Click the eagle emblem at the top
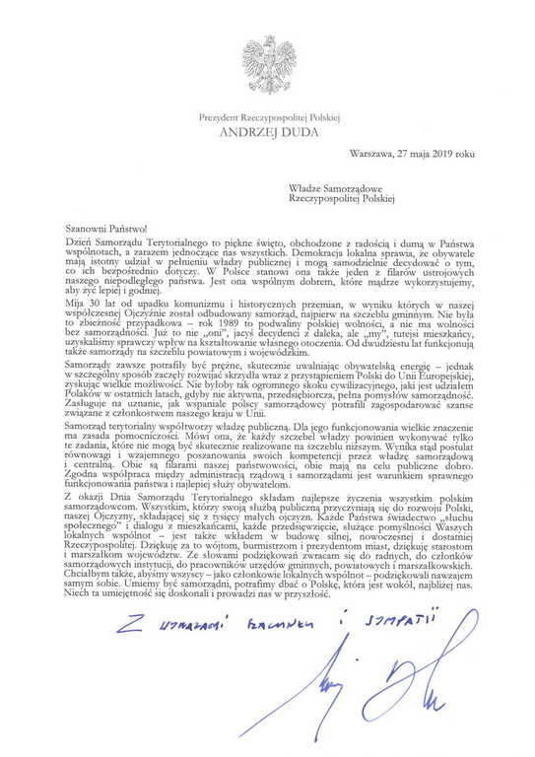pos(267,63)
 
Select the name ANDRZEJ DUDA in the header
pos(268,128)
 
